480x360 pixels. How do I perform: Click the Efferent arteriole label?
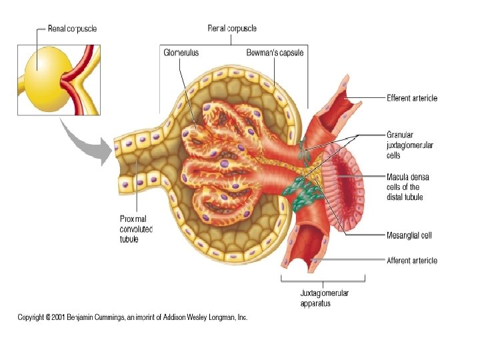point(412,98)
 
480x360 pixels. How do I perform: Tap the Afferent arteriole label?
point(412,261)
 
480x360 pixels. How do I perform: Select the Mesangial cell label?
point(409,235)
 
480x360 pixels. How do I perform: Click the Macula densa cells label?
point(407,187)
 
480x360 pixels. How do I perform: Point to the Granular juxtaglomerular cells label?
point(403,145)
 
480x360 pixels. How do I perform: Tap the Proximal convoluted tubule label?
point(136,229)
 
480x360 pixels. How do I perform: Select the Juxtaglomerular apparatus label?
point(324,298)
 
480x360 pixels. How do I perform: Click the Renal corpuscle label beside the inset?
point(72,29)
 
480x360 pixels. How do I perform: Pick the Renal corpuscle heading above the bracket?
point(231,29)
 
